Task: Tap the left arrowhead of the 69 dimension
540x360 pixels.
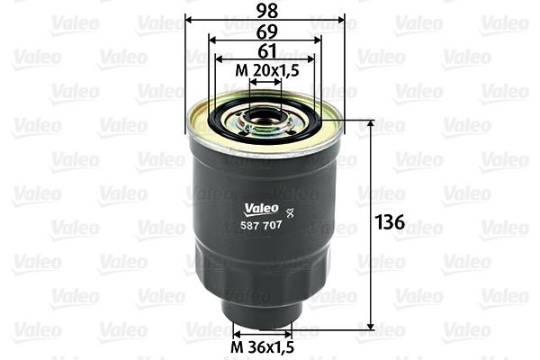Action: tap(210, 40)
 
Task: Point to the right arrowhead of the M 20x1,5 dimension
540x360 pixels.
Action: tap(279, 80)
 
